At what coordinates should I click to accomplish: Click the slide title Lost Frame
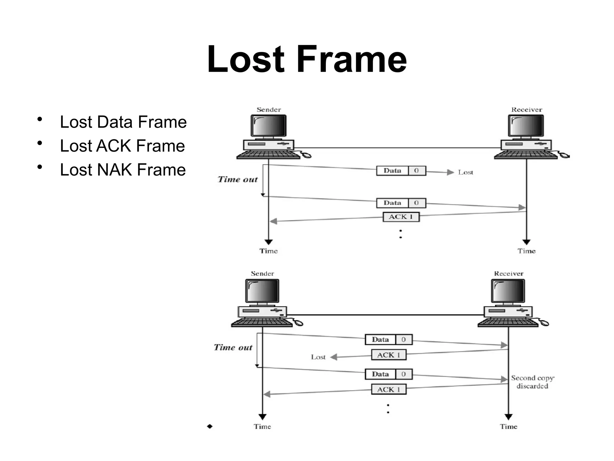(307, 59)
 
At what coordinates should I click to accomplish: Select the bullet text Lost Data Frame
(123, 122)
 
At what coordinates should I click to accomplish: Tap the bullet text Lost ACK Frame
(122, 146)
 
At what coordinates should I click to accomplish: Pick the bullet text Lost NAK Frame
(123, 170)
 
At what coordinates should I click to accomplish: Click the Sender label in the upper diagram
(269, 110)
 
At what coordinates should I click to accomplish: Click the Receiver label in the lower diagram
(508, 274)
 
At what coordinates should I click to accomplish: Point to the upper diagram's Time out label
(237, 179)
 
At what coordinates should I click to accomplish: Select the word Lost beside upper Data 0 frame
(465, 173)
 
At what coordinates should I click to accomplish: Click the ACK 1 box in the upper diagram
(401, 217)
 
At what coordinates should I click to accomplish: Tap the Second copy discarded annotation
(532, 382)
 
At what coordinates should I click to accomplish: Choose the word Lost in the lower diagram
(318, 357)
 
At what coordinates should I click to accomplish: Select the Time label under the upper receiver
(526, 251)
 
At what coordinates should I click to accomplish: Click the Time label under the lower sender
(262, 427)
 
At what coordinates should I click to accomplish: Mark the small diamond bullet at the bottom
(210, 426)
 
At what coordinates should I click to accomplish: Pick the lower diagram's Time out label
(233, 348)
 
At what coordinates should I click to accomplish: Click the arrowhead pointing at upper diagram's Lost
(450, 172)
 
